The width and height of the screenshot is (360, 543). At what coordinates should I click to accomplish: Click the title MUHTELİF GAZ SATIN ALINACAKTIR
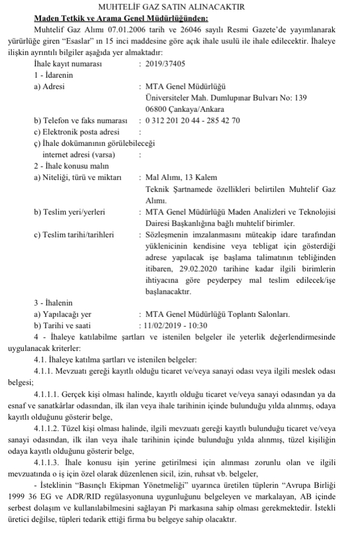point(180,7)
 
